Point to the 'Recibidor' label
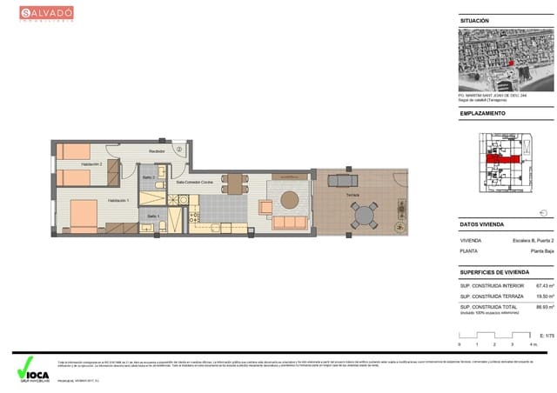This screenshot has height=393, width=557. pos(157,151)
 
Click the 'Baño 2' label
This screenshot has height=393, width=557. pos(149,177)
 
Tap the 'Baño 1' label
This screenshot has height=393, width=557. pos(152,215)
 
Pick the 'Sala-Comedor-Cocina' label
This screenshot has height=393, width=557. pos(195,183)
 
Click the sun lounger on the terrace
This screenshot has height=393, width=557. pos(341,181)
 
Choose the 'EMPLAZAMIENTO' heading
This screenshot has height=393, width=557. pos(483,113)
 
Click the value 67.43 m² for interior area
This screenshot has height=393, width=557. pos(545,285)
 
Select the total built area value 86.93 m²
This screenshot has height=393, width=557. pos(545,307)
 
